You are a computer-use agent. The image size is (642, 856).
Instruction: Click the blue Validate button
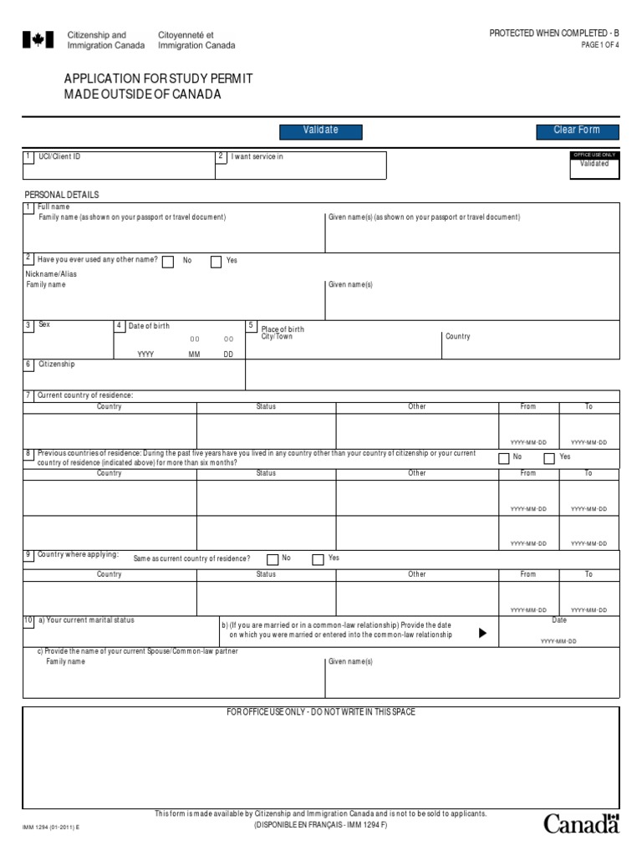pyautogui.click(x=320, y=130)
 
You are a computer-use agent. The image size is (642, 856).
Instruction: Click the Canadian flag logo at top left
pyautogui.click(x=33, y=40)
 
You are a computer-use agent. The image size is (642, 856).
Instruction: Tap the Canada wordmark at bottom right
pyautogui.click(x=582, y=824)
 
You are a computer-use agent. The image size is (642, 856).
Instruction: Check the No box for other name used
pyautogui.click(x=168, y=262)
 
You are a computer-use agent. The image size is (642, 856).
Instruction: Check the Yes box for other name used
pyautogui.click(x=216, y=262)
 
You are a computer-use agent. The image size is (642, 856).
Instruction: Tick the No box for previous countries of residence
pyautogui.click(x=503, y=458)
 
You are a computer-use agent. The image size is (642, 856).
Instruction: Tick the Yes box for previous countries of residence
pyautogui.click(x=549, y=458)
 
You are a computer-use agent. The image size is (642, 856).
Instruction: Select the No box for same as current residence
pyautogui.click(x=273, y=559)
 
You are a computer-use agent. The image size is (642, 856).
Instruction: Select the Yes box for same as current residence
pyautogui.click(x=318, y=559)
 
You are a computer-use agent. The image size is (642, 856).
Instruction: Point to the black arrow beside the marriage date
pyautogui.click(x=481, y=633)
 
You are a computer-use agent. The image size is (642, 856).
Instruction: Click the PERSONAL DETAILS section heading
pyautogui.click(x=61, y=195)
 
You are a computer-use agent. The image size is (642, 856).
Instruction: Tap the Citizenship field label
pyautogui.click(x=56, y=364)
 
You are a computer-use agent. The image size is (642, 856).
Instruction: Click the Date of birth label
pyautogui.click(x=148, y=326)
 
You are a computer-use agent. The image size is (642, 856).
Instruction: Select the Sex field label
pyautogui.click(x=44, y=324)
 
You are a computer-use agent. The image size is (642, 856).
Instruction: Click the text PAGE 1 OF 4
pyautogui.click(x=600, y=45)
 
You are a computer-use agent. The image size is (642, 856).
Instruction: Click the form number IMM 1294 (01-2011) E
pyautogui.click(x=50, y=828)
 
